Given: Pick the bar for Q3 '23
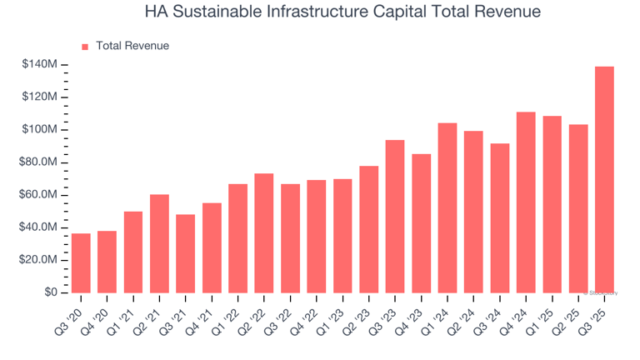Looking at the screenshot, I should click(x=395, y=216).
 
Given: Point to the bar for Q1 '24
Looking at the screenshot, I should click(x=447, y=207).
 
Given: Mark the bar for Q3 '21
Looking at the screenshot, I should click(x=185, y=253).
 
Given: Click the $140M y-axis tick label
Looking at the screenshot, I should click(x=39, y=64).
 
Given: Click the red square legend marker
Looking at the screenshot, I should click(x=84, y=47).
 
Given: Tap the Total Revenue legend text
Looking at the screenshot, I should click(x=132, y=46).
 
